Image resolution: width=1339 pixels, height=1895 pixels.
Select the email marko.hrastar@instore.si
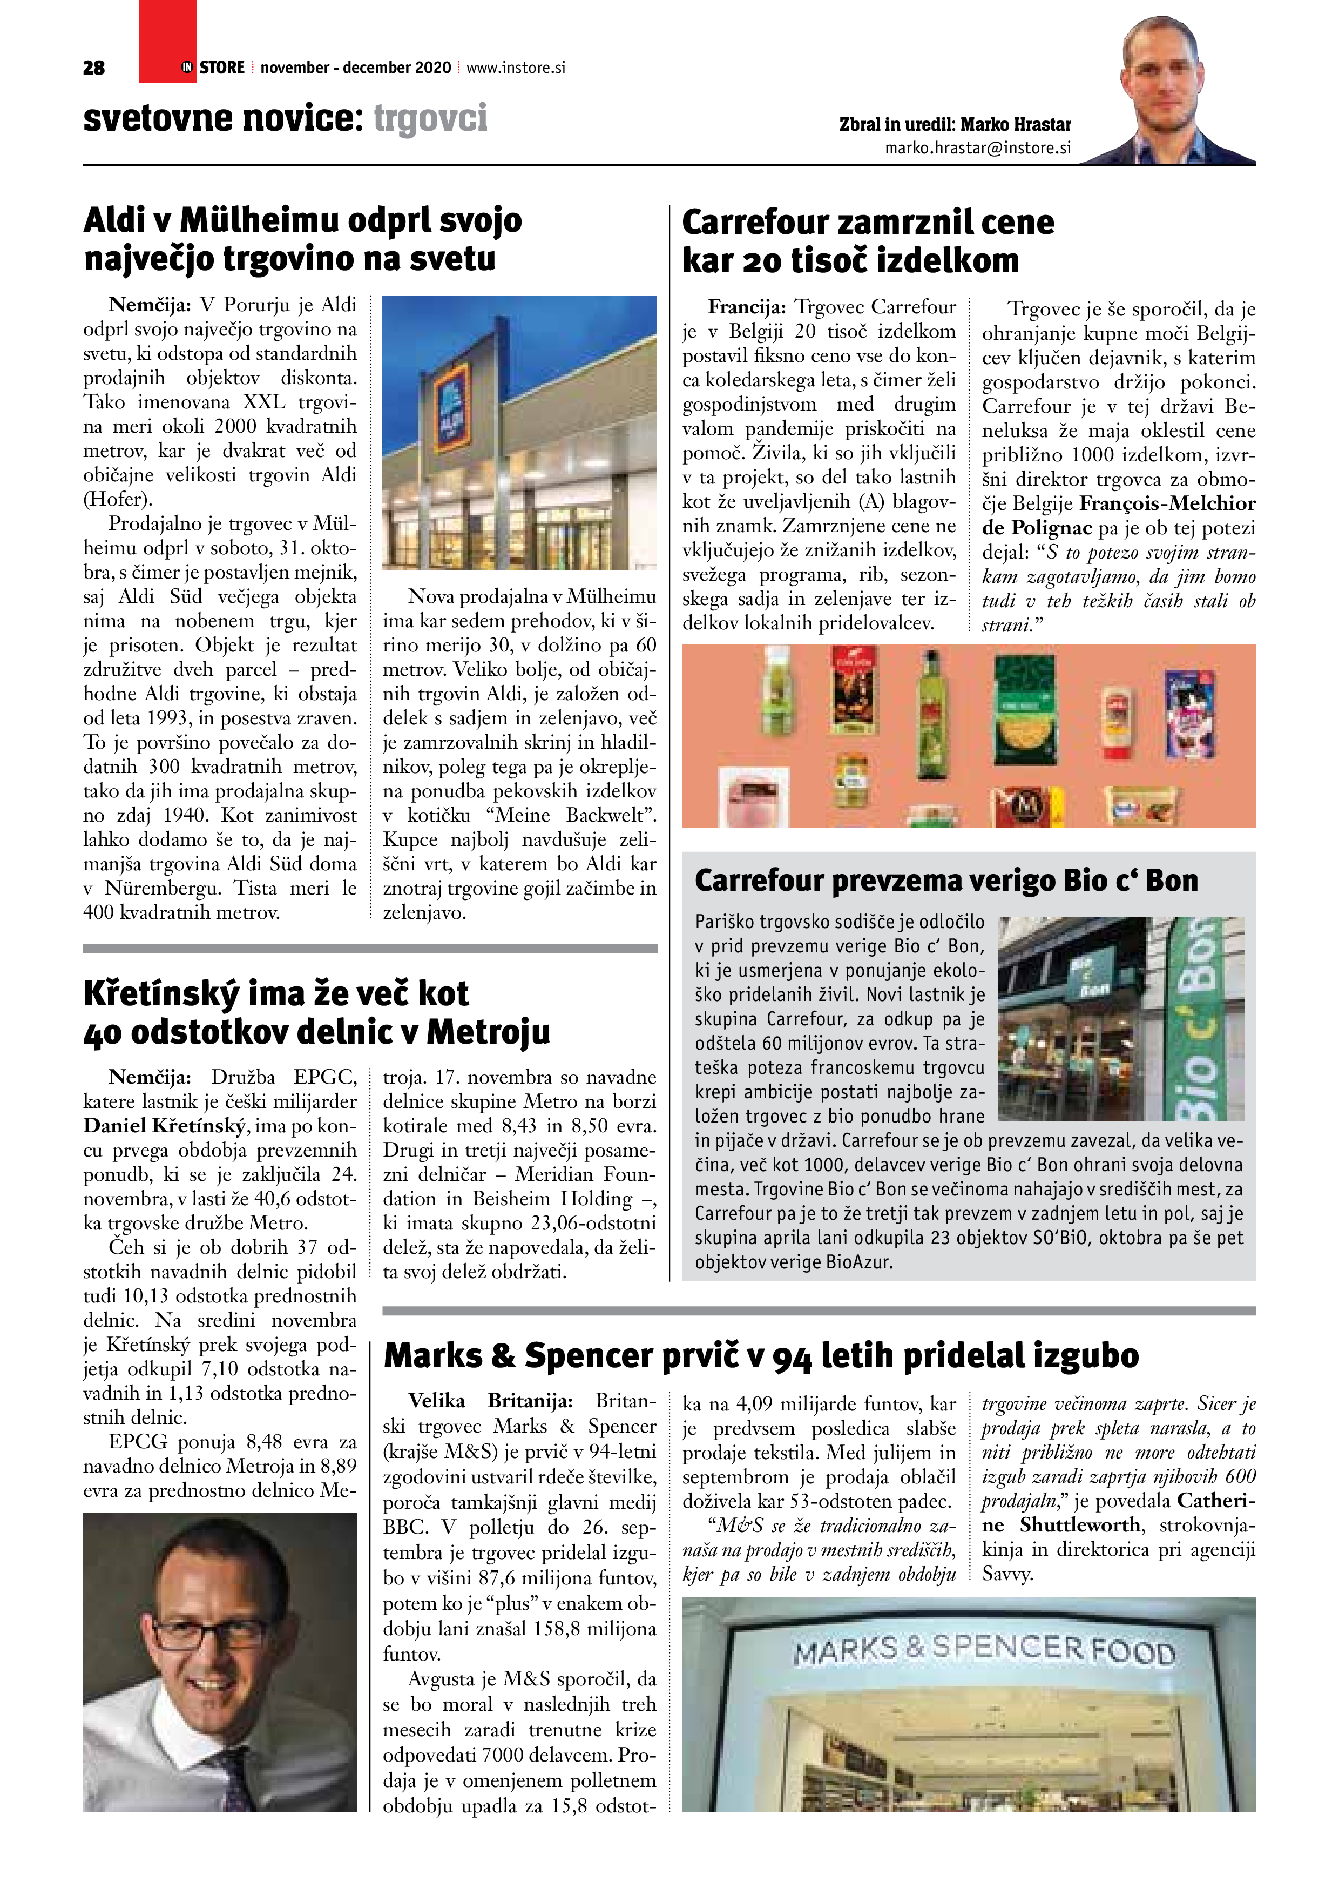tap(978, 147)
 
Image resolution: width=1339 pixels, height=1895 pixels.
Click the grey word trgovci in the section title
tap(430, 118)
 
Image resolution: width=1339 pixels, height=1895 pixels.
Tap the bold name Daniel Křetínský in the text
tap(165, 1126)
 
